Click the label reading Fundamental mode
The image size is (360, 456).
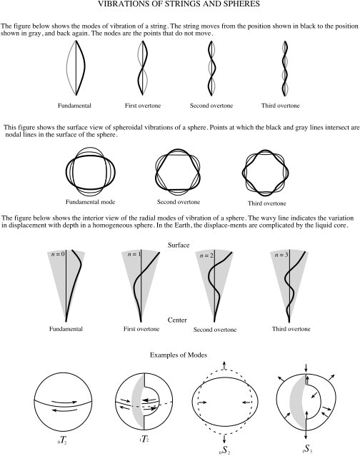point(89,202)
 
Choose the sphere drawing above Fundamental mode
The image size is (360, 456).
point(89,171)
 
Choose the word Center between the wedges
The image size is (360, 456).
point(176,320)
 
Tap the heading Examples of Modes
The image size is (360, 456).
point(179,355)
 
